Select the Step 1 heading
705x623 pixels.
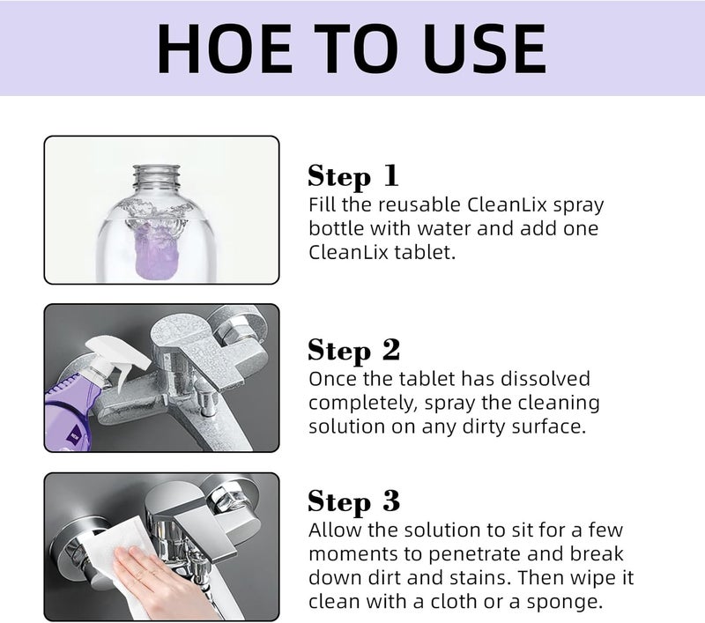click(352, 175)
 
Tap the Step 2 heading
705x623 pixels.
click(353, 350)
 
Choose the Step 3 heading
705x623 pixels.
click(353, 501)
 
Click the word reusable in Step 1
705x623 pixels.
click(414, 204)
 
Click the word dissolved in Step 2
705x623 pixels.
click(546, 379)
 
